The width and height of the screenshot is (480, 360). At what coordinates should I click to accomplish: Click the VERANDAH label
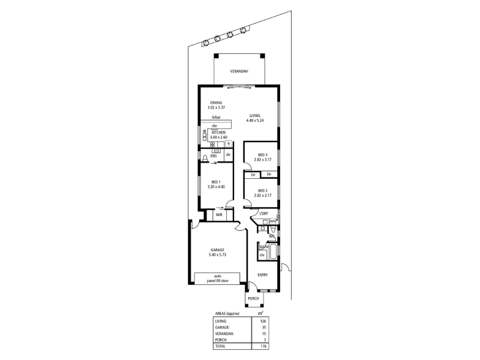(239, 71)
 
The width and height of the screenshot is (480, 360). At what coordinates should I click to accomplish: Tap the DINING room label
(216, 103)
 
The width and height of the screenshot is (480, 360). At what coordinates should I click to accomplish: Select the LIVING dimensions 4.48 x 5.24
(255, 121)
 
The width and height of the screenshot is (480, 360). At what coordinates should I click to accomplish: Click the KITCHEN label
(218, 133)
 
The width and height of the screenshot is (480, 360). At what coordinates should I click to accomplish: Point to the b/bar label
(217, 117)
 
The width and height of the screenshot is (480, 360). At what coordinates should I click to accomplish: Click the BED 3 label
(263, 155)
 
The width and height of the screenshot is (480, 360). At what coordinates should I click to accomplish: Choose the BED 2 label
(263, 191)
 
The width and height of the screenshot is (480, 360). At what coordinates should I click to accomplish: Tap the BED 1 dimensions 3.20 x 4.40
(216, 187)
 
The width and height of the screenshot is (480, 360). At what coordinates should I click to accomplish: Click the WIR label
(219, 215)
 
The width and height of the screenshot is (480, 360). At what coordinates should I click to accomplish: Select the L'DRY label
(263, 214)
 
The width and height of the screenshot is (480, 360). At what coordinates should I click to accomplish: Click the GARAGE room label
(217, 250)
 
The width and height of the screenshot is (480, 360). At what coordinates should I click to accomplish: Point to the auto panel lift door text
(218, 278)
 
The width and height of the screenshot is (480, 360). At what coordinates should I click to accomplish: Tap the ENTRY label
(263, 275)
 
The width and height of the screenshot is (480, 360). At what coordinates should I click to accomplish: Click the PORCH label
(253, 298)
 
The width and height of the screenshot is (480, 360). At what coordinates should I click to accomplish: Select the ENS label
(214, 156)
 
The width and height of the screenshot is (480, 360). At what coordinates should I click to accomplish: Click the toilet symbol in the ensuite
(205, 157)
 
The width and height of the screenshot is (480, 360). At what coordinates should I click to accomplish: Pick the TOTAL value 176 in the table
(263, 346)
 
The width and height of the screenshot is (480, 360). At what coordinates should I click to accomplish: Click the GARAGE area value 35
(264, 328)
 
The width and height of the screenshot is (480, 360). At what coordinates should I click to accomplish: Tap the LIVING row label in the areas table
(221, 322)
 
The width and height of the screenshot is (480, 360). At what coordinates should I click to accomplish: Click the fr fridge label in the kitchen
(229, 143)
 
